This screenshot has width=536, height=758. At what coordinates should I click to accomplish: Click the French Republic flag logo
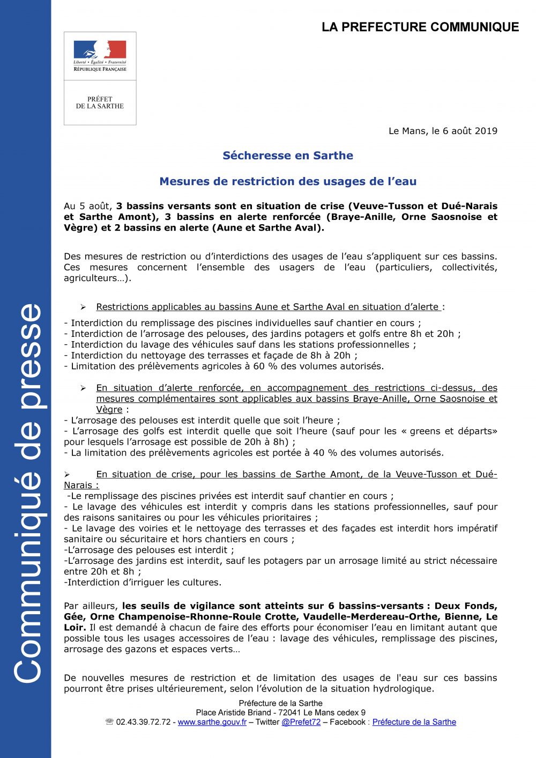click(100, 50)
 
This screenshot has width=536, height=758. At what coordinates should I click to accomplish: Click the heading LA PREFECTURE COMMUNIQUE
click(420, 27)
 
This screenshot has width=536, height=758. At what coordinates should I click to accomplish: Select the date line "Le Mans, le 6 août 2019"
click(443, 131)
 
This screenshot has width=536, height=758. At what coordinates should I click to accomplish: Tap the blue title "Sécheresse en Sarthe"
click(288, 156)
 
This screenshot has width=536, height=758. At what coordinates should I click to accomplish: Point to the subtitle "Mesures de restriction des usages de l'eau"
click(288, 181)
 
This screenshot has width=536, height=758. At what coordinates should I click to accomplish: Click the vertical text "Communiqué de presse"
click(27, 494)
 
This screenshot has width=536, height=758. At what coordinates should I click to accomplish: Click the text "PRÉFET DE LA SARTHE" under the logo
click(100, 102)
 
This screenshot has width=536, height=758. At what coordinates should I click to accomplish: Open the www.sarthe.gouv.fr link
click(212, 722)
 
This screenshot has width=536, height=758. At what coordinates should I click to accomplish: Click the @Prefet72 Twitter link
click(301, 722)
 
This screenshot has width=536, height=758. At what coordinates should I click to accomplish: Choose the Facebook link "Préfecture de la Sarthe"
click(414, 722)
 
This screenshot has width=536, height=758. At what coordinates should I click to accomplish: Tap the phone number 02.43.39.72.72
click(143, 722)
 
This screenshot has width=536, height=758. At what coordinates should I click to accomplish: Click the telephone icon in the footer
click(110, 722)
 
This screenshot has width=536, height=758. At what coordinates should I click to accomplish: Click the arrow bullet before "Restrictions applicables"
click(83, 307)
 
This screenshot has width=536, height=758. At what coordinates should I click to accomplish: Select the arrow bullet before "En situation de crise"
click(67, 475)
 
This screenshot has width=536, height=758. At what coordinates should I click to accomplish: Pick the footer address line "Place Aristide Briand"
click(280, 712)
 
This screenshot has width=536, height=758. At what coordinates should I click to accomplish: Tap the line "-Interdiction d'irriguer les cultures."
click(143, 582)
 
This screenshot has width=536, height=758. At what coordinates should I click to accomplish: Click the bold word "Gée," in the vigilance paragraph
click(75, 616)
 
